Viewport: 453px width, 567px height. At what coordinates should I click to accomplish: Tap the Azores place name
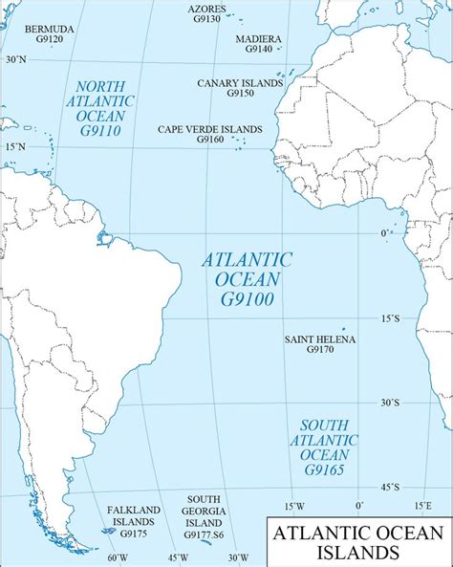(206, 9)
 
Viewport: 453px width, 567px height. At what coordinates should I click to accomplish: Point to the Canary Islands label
(240, 83)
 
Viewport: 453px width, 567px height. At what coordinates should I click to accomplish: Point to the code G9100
(247, 299)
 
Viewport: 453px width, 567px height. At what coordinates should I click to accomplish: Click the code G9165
(328, 469)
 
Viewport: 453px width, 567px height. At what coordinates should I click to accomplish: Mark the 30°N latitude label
(14, 59)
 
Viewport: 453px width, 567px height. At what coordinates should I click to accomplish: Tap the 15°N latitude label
(14, 146)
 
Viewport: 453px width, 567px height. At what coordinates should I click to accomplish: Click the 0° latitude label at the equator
(383, 233)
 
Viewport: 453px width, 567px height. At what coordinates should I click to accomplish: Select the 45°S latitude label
(389, 487)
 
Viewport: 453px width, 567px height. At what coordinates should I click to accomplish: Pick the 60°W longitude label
(117, 557)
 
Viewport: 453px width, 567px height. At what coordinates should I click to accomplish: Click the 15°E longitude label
(421, 505)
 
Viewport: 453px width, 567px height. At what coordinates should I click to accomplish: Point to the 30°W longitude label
(238, 557)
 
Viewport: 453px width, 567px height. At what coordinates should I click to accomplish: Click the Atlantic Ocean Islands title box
(357, 541)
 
